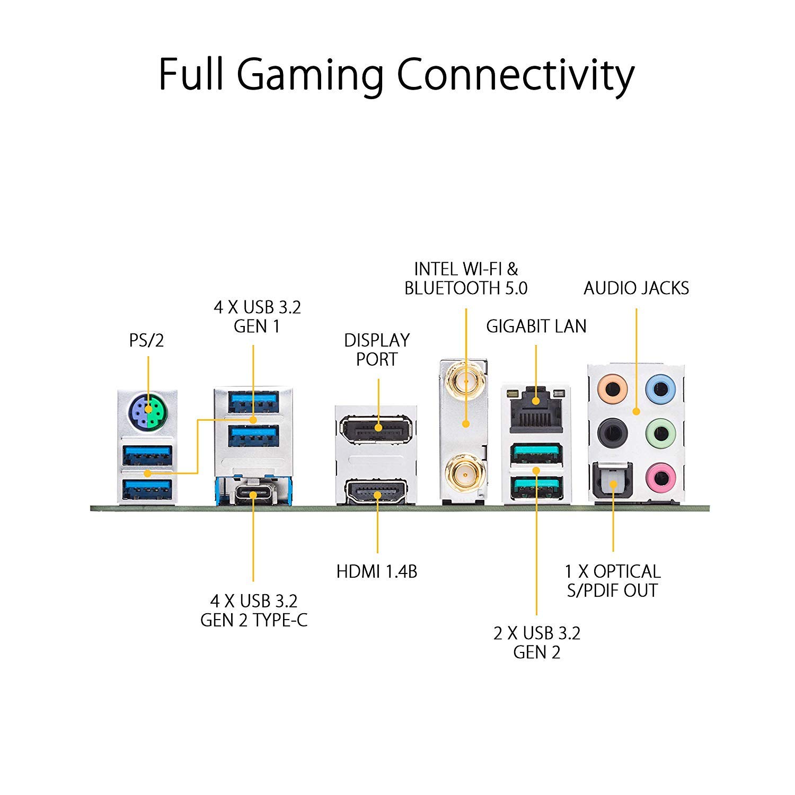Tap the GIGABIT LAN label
536,326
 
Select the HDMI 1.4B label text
377,571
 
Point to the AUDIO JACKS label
636,288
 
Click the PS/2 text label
147,340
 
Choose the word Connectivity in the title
515,76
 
